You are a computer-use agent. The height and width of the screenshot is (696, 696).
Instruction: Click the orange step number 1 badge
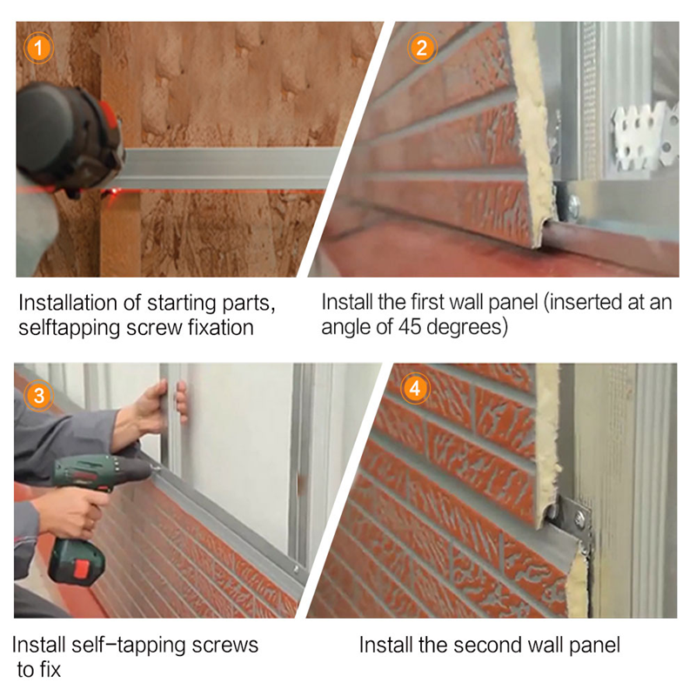coord(38,48)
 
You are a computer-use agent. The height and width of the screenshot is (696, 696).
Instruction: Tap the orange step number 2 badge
coord(422,48)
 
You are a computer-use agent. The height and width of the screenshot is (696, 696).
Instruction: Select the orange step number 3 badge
coord(38,395)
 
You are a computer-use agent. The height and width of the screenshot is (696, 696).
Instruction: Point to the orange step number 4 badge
coord(415,389)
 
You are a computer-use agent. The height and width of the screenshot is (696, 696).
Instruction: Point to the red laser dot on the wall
coord(114,191)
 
